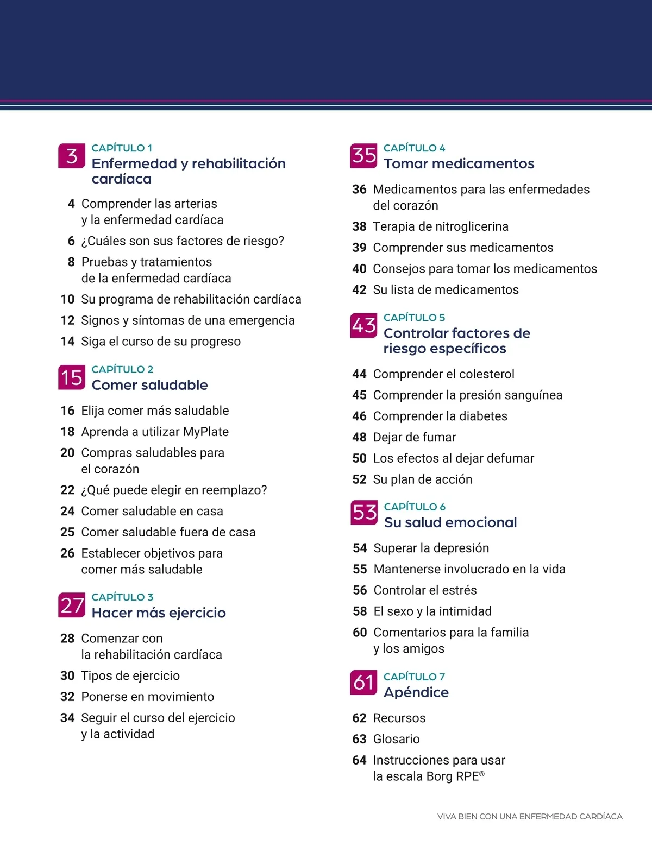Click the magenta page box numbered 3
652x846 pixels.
72,156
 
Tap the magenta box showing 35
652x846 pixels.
363,155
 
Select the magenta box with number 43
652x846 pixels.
363,325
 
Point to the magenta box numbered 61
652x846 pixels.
363,683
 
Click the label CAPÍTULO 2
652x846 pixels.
122,369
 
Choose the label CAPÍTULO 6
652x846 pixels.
415,507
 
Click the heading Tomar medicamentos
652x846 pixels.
459,163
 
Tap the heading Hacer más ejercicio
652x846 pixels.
159,613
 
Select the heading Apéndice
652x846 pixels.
416,692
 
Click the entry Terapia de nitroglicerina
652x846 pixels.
441,226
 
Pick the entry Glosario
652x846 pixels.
397,739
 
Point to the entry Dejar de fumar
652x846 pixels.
415,437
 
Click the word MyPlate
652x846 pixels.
206,432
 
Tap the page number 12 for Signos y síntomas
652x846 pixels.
67,320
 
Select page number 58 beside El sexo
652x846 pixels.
360,611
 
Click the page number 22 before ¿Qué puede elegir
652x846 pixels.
67,490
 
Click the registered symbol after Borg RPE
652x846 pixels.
482,773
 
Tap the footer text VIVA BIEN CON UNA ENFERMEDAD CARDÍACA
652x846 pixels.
530,816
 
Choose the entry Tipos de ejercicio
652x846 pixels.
130,675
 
